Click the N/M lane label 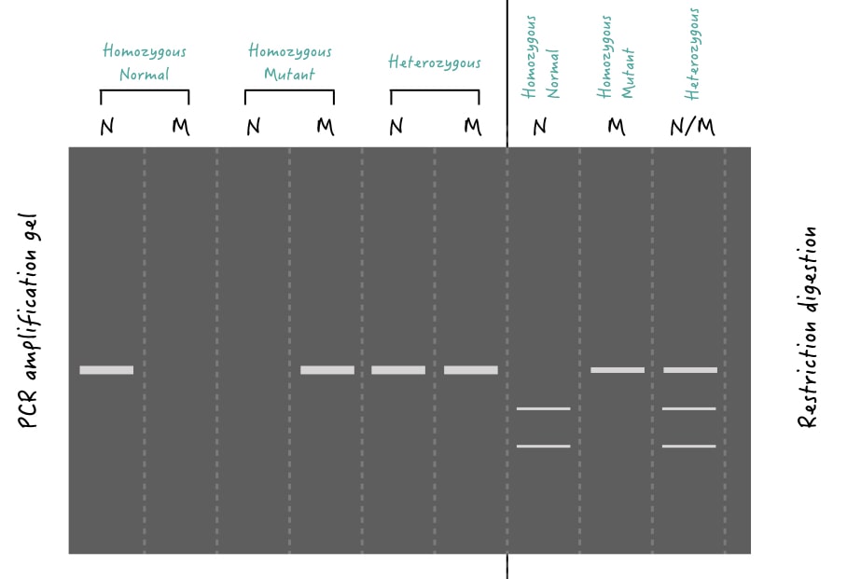[x=692, y=127]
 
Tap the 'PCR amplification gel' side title [x=28, y=321]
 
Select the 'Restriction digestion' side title [x=807, y=327]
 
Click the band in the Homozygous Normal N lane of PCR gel [x=106, y=370]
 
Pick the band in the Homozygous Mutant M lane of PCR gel [x=327, y=370]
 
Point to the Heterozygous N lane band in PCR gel [x=398, y=370]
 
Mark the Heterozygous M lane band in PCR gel [x=471, y=370]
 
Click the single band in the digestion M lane [x=618, y=370]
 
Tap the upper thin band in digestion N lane [x=544, y=409]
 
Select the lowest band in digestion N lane [x=544, y=446]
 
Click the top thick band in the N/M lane [x=690, y=370]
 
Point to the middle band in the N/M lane [x=689, y=409]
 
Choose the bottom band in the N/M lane [x=689, y=446]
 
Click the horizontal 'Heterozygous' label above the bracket [x=435, y=62]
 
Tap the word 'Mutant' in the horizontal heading [x=289, y=74]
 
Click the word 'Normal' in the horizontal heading [x=145, y=74]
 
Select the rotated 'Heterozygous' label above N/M [x=692, y=54]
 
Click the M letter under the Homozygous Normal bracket [x=181, y=127]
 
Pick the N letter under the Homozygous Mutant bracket [x=254, y=127]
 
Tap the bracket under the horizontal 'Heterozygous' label [x=435, y=90]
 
